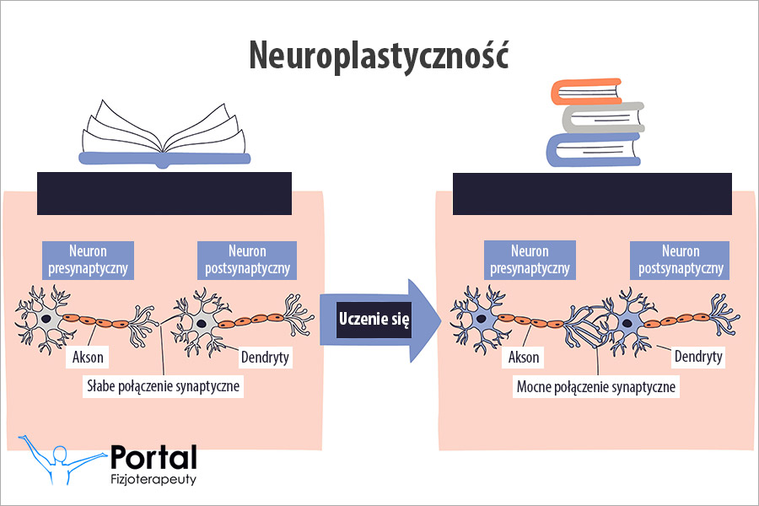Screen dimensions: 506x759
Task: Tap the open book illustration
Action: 164,135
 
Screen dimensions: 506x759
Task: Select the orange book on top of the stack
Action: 585,90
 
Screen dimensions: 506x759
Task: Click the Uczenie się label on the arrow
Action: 374,320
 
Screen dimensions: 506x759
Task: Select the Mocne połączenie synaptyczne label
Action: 597,386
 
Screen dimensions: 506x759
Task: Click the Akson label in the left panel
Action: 88,357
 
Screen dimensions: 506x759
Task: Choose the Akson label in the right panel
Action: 523,357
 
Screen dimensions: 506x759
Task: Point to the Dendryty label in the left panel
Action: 265,357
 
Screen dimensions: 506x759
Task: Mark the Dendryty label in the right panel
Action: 698,357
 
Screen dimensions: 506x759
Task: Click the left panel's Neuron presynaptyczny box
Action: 88,261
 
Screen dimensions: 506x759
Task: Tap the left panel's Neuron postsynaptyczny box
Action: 247,261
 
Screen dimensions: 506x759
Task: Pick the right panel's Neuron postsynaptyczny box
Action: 681,261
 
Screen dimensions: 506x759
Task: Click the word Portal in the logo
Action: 153,458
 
